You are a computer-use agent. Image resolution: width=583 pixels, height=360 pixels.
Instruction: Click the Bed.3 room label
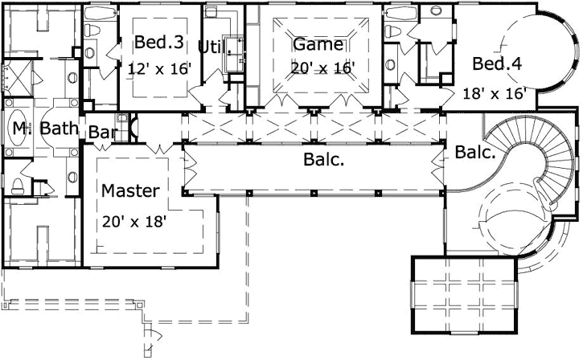click(152, 43)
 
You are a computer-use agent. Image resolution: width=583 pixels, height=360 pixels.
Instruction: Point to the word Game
click(318, 44)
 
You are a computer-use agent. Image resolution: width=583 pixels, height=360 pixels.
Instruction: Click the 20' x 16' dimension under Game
click(322, 68)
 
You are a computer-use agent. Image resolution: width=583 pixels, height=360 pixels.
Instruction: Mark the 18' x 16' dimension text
click(495, 93)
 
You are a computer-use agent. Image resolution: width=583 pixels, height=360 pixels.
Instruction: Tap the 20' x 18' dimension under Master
click(133, 220)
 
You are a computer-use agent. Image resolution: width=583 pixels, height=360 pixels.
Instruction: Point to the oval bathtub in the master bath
click(18, 129)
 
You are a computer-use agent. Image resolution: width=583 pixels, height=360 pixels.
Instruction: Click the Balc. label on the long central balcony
click(324, 160)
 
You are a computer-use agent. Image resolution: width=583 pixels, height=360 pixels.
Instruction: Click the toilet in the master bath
click(18, 185)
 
